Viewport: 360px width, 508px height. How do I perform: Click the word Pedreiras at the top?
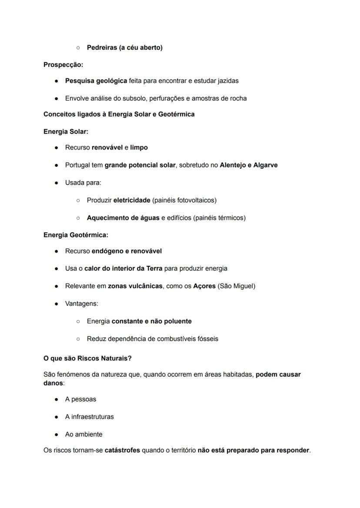click(x=102, y=47)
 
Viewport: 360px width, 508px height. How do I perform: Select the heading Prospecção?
click(x=63, y=65)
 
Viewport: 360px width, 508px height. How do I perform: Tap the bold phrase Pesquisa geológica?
click(x=96, y=81)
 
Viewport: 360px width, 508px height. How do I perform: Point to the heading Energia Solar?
click(x=66, y=131)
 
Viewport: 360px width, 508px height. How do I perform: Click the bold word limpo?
click(x=139, y=147)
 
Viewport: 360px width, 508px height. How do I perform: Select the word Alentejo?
click(x=233, y=165)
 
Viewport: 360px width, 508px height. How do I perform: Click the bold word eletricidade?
click(x=132, y=200)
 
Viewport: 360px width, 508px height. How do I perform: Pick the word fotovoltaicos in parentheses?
click(x=195, y=200)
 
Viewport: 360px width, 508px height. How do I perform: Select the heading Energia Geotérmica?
click(x=76, y=235)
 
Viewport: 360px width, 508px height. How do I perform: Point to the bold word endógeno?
click(x=107, y=251)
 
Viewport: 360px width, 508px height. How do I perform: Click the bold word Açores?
click(x=204, y=286)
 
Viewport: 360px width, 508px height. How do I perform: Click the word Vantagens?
click(x=82, y=304)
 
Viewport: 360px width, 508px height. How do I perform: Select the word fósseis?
click(x=207, y=339)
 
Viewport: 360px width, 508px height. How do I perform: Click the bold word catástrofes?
click(x=122, y=450)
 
